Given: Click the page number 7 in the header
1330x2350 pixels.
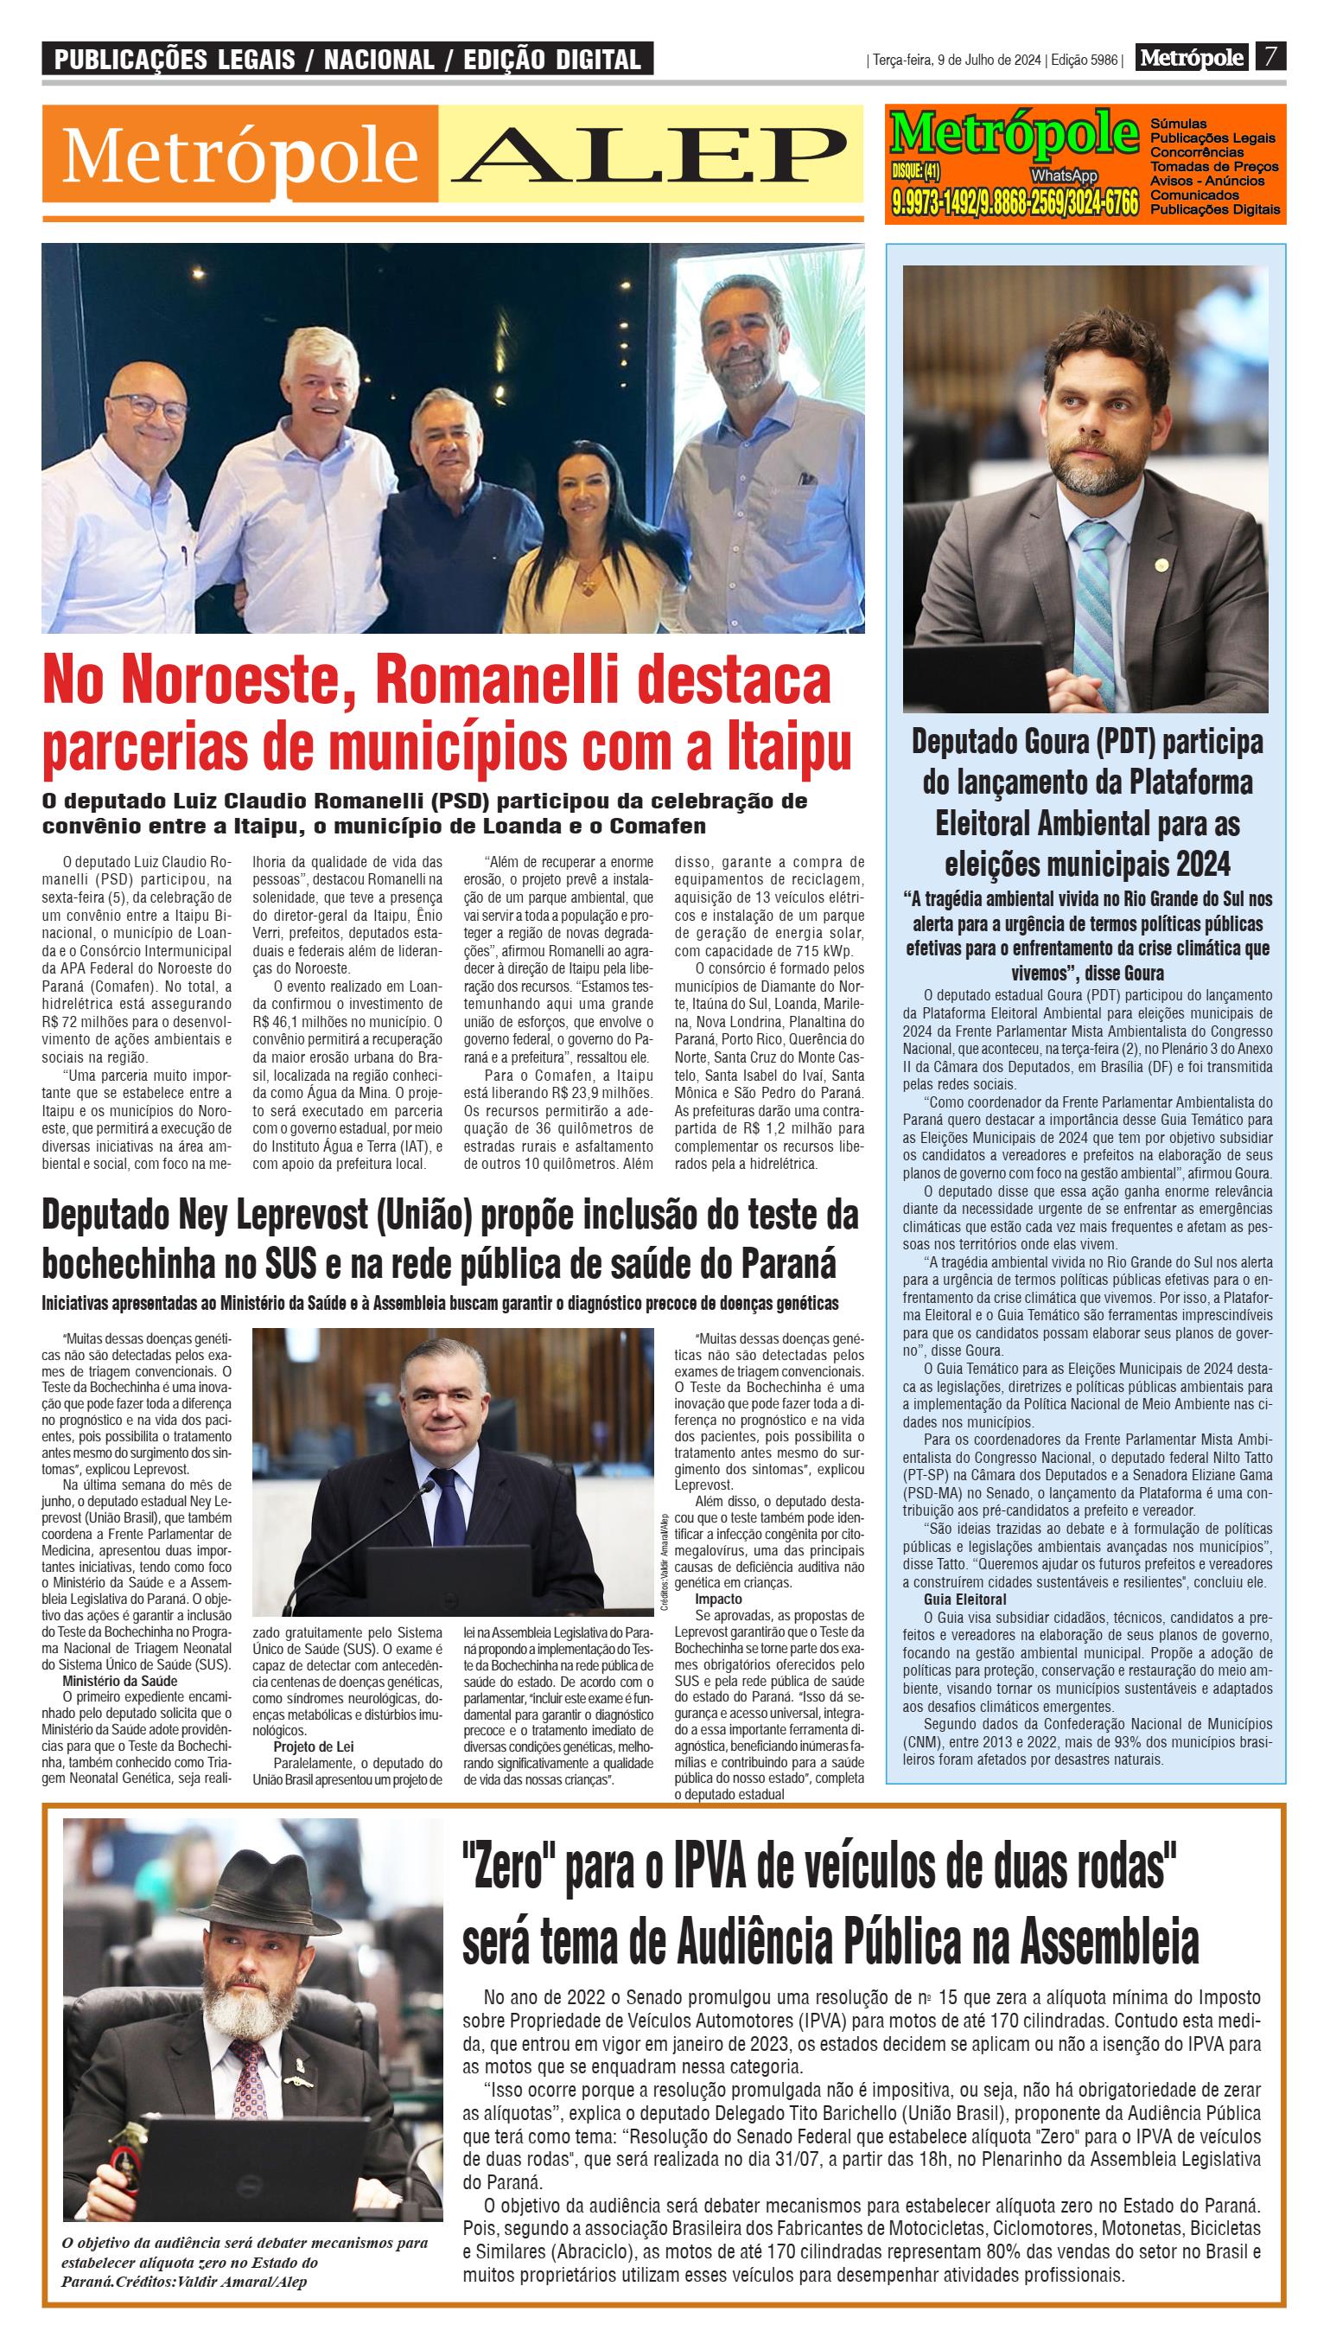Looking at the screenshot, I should (x=1270, y=58).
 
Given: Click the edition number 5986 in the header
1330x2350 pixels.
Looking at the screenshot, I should (x=1103, y=61).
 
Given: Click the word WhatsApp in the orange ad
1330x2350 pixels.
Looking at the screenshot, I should (x=1064, y=176).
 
